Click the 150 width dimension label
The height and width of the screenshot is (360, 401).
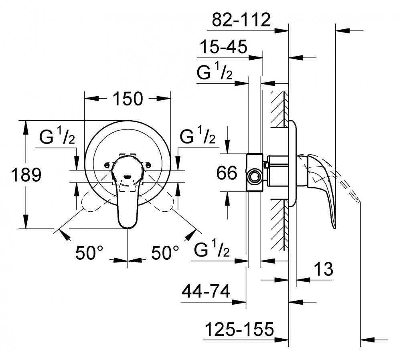tap(128, 99)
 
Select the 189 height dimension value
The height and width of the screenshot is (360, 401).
tap(26, 175)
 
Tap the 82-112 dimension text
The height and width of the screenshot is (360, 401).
tap(241, 20)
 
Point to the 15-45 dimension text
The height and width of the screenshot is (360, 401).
tap(223, 47)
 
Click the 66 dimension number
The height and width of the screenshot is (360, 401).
tap(227, 173)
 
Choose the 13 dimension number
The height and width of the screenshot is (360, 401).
tap(323, 269)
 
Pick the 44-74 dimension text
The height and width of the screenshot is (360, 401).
tap(206, 291)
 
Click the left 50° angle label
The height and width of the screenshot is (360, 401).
tap(89, 253)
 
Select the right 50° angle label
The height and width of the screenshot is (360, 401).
tap(165, 253)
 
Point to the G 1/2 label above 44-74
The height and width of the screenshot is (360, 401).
tap(212, 249)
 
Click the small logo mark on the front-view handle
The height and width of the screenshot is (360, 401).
tap(127, 176)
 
